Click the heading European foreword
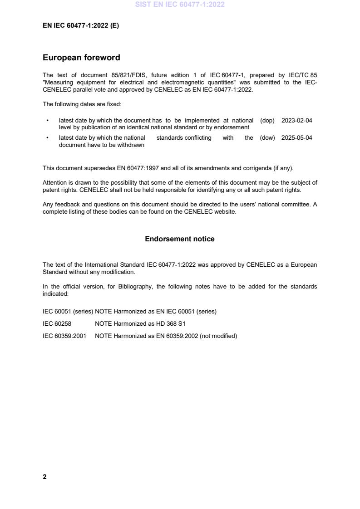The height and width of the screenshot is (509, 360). [x=81, y=58]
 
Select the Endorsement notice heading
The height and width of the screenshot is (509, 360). [x=179, y=239]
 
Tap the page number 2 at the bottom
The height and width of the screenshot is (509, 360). [x=44, y=476]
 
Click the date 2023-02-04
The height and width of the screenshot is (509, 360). [x=296, y=121]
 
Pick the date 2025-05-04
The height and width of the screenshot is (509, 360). [x=296, y=138]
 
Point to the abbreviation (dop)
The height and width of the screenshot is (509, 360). [x=267, y=121]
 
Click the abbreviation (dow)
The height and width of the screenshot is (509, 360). [x=267, y=138]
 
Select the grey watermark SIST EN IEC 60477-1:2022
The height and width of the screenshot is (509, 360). [x=180, y=5]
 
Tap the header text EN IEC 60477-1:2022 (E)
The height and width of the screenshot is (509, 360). [x=81, y=26]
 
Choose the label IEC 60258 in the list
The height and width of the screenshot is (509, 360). [x=56, y=324]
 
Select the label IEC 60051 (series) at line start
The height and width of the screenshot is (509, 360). [x=68, y=312]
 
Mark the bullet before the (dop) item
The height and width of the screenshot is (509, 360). [x=48, y=121]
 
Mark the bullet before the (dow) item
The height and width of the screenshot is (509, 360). [x=48, y=138]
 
